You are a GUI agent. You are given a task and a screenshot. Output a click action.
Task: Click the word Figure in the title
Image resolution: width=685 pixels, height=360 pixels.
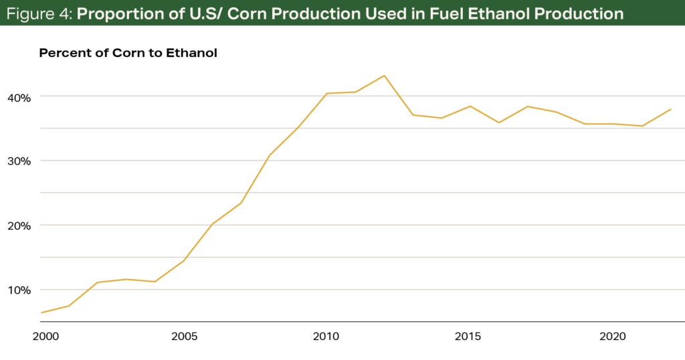(29, 13)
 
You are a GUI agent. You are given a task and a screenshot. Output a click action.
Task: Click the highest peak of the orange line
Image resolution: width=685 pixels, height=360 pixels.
(384, 75)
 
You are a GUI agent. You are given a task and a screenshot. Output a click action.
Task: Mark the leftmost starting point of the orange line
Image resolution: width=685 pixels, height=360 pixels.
(41, 312)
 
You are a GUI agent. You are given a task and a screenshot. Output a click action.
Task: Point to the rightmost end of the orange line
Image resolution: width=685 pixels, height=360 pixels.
(671, 108)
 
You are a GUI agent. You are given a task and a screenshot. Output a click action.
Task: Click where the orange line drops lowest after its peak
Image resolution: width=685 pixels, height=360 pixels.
(643, 126)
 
